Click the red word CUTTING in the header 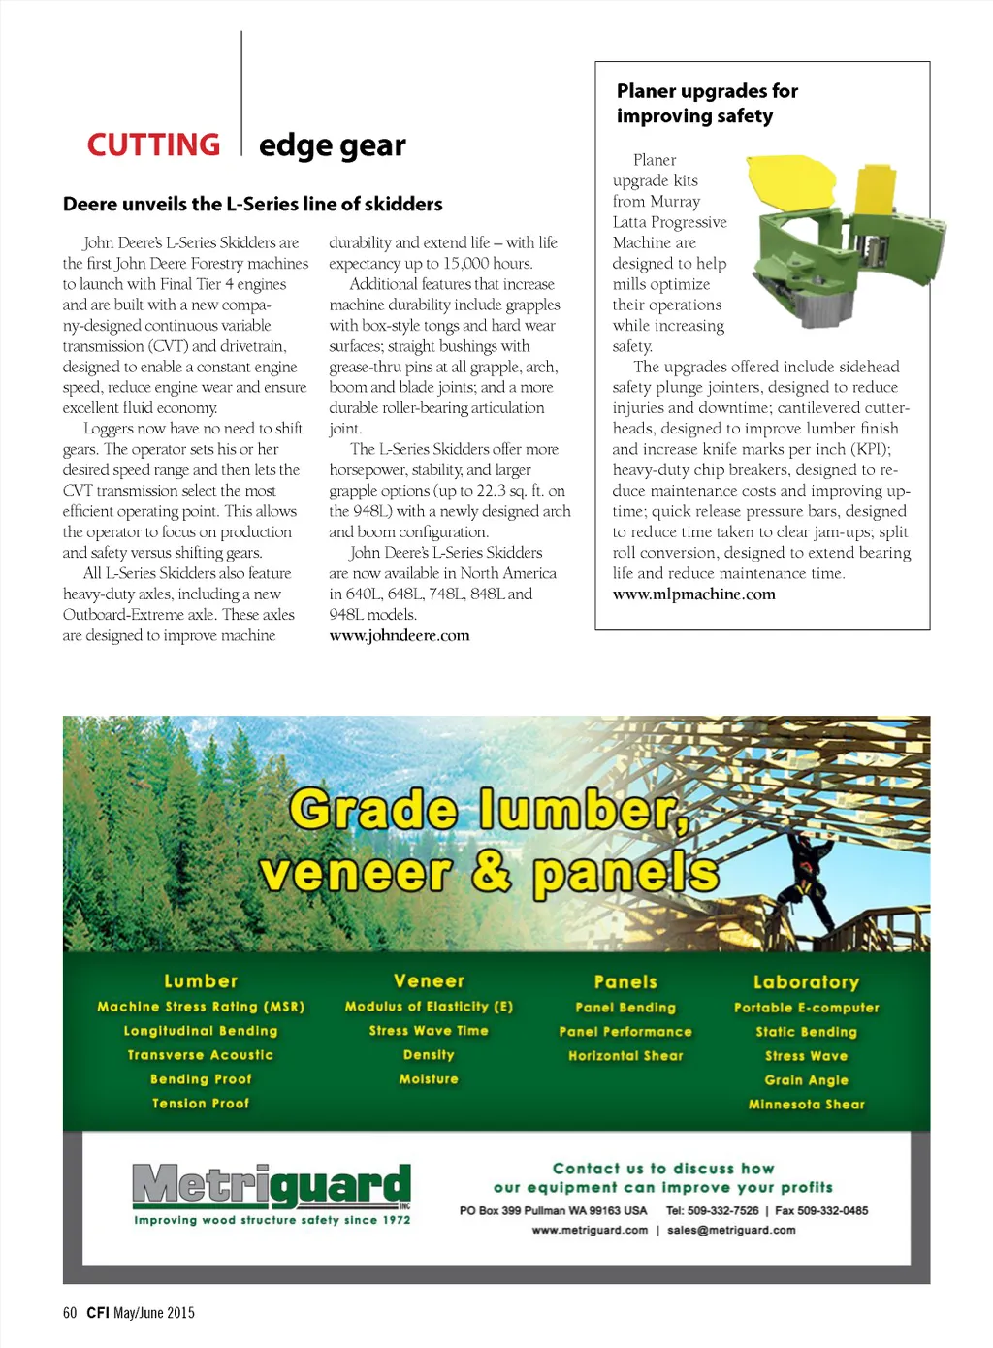153,144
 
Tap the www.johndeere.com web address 399,635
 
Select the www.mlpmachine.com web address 693,594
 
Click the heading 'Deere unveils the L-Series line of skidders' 252,204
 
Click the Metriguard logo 271,1186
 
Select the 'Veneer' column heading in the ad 429,980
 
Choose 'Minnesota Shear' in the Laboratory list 806,1104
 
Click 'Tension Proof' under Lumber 201,1103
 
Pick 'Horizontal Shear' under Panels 625,1055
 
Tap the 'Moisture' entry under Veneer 429,1078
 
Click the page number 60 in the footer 70,1312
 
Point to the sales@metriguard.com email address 731,1230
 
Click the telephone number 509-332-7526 722,1210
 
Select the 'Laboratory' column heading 806,981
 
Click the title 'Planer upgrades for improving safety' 707,103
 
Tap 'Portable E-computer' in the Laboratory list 806,1008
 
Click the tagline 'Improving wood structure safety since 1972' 272,1220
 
